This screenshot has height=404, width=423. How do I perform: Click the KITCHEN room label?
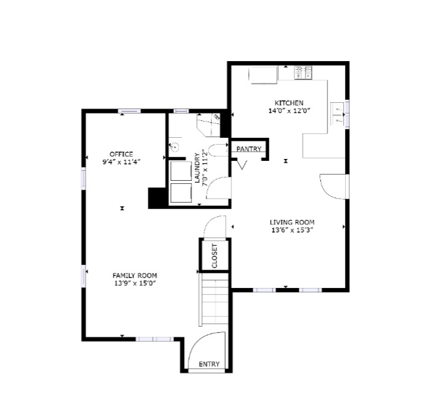click(x=289, y=103)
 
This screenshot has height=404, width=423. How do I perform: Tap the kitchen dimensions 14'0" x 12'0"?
click(x=289, y=110)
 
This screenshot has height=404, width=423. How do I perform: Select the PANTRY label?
click(x=248, y=149)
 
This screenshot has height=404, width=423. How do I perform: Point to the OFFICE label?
click(x=121, y=154)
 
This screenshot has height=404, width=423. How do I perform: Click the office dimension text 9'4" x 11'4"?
click(x=121, y=161)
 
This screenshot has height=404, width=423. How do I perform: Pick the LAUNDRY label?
click(x=197, y=168)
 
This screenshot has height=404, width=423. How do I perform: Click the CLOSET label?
click(x=215, y=256)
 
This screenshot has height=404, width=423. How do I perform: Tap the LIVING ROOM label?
click(x=291, y=222)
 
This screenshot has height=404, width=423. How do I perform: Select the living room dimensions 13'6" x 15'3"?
click(x=291, y=229)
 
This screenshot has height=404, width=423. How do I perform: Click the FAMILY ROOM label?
click(x=134, y=275)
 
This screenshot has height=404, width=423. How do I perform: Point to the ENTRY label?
click(x=208, y=364)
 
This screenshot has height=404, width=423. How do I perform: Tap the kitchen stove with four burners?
click(x=303, y=74)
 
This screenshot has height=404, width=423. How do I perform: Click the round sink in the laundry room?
click(x=175, y=148)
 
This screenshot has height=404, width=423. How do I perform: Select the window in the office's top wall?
click(x=130, y=111)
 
